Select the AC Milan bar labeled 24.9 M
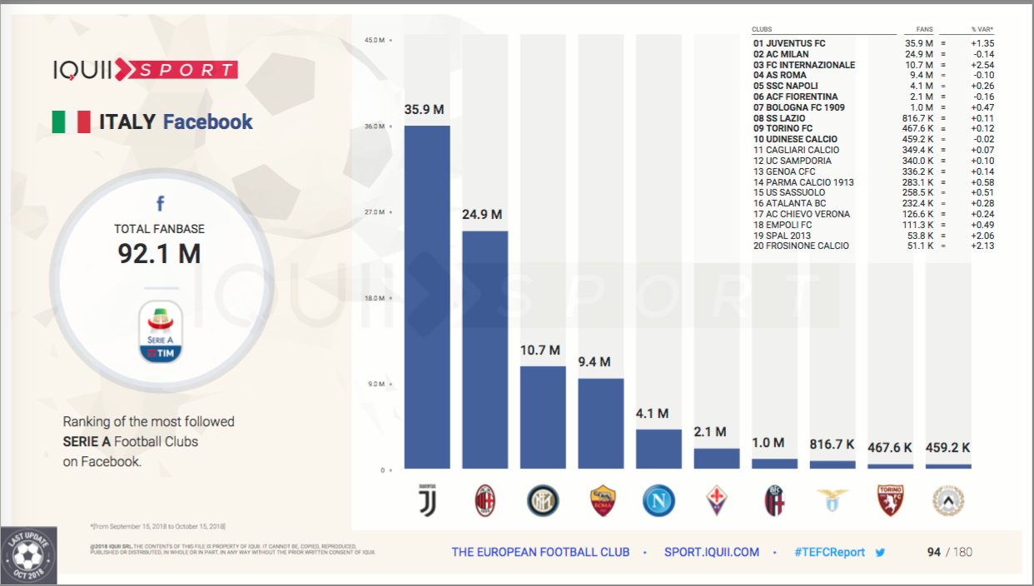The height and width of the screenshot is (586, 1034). click(x=485, y=350)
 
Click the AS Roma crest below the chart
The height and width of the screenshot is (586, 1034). click(x=602, y=500)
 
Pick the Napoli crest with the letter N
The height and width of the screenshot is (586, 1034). click(x=659, y=500)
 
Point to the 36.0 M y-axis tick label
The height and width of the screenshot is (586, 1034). click(x=375, y=127)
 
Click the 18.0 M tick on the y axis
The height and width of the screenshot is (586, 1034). click(x=375, y=298)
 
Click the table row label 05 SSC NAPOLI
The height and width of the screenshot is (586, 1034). click(x=785, y=86)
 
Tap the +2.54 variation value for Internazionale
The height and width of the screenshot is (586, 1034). click(x=982, y=65)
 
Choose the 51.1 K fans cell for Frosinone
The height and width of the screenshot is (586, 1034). click(x=918, y=246)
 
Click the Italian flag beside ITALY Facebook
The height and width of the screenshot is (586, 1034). click(x=71, y=122)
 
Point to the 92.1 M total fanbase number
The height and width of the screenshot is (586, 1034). click(x=159, y=252)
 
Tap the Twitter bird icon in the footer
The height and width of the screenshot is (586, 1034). click(x=880, y=552)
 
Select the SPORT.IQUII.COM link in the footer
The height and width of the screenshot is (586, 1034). click(x=712, y=552)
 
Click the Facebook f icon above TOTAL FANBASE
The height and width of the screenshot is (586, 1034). click(x=160, y=203)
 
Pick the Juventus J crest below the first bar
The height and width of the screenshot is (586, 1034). click(x=427, y=500)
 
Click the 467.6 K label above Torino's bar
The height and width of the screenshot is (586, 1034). click(x=890, y=448)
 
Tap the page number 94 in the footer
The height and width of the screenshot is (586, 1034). click(x=934, y=552)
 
